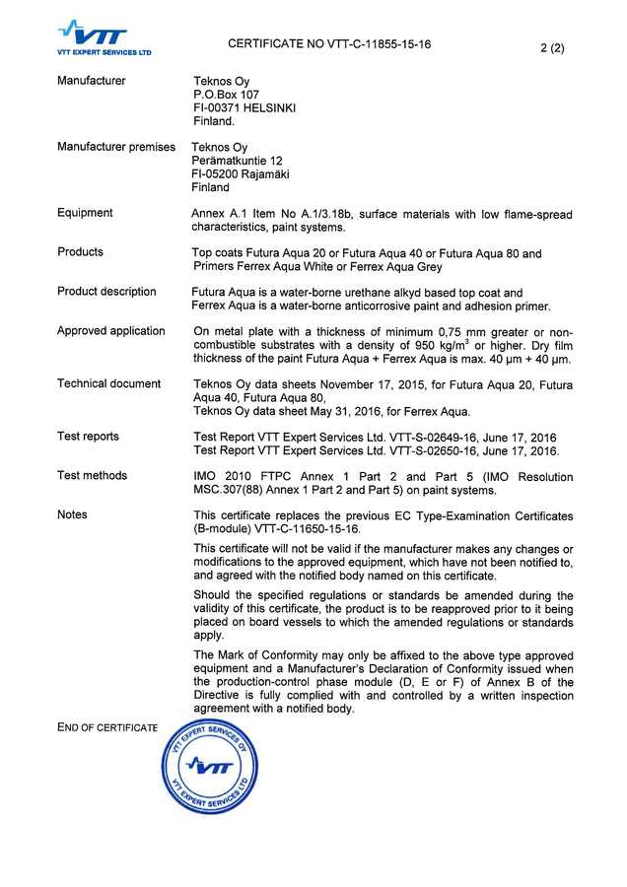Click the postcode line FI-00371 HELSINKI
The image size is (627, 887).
pos(245,108)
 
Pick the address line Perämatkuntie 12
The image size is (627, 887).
pos(237,161)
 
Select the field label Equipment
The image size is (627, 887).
pos(85,213)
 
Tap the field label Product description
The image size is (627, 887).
pos(106,292)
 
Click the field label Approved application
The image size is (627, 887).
pos(110,331)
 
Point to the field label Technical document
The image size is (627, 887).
pos(108,383)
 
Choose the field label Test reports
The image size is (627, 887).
pos(88,437)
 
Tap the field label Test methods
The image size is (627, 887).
pos(92,476)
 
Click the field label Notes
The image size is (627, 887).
pos(72,514)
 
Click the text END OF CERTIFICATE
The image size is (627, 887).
pos(107,727)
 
